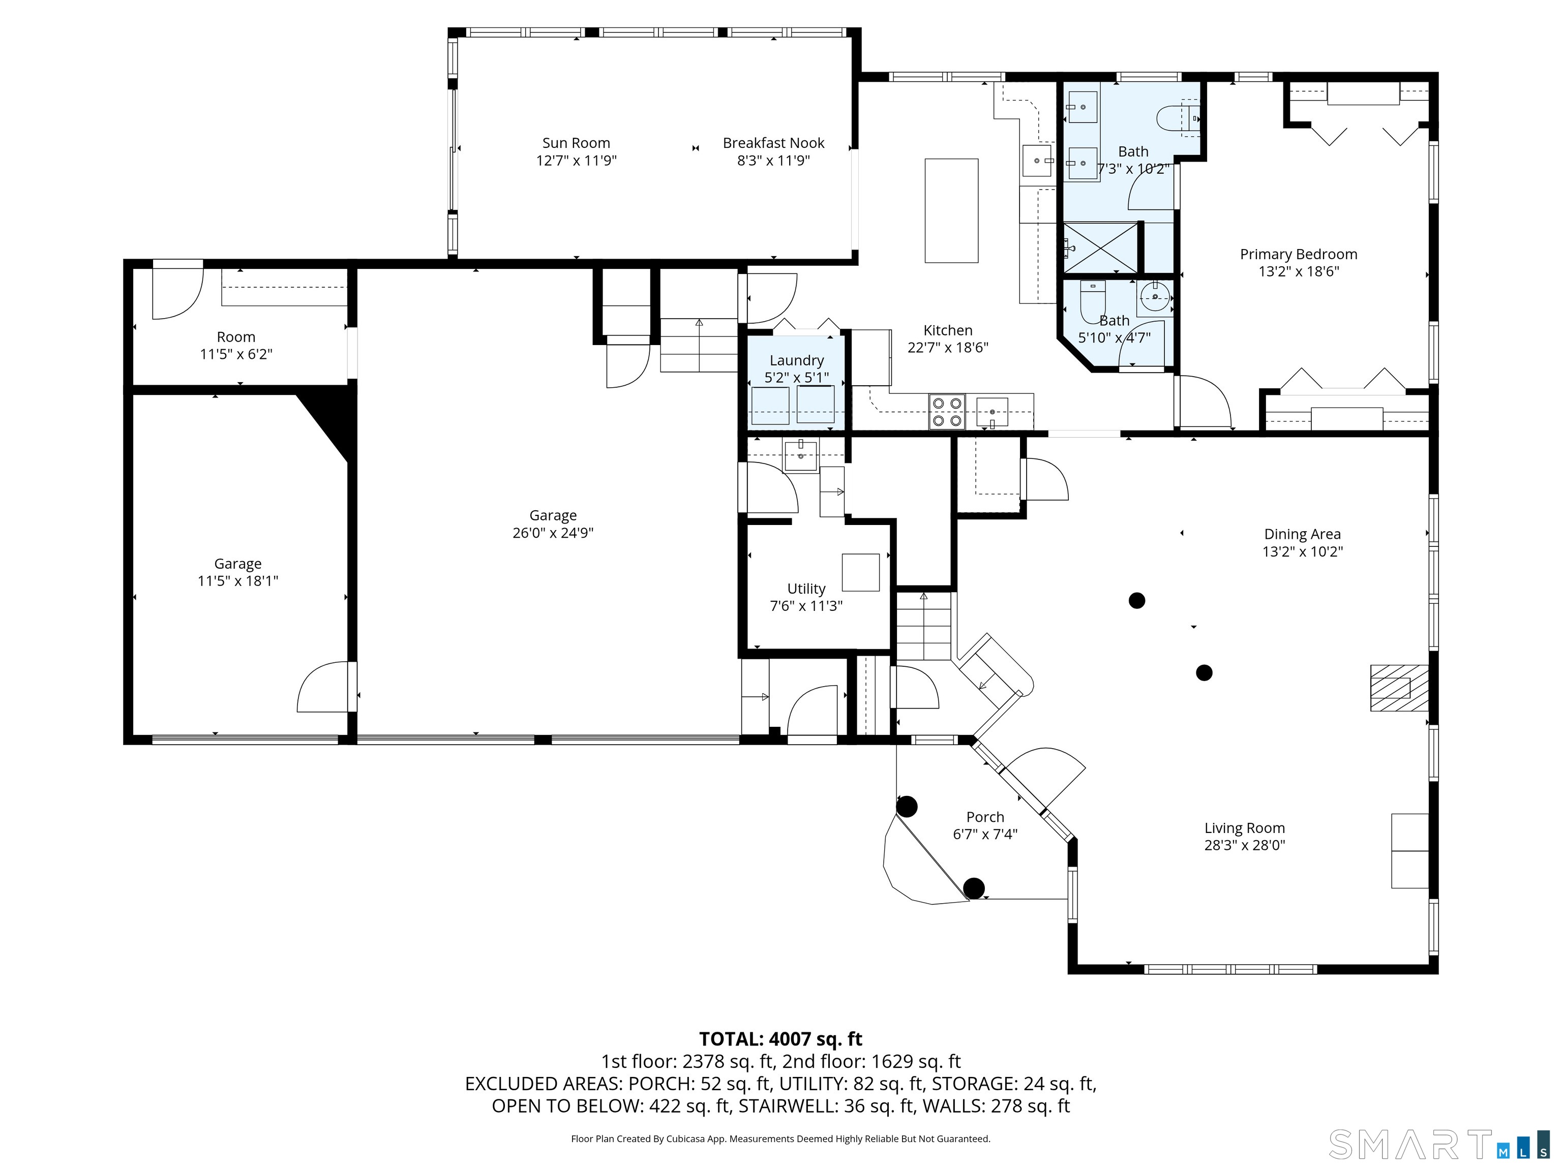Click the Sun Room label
point(576,143)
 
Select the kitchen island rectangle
point(951,210)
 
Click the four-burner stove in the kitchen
point(947,412)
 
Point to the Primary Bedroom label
point(1298,254)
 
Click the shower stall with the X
point(1101,248)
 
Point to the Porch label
point(984,817)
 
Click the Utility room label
point(806,589)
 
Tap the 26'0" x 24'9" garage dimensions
point(553,533)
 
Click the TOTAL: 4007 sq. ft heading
point(780,1039)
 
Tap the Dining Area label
point(1302,534)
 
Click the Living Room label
point(1244,828)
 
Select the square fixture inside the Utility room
point(860,572)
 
